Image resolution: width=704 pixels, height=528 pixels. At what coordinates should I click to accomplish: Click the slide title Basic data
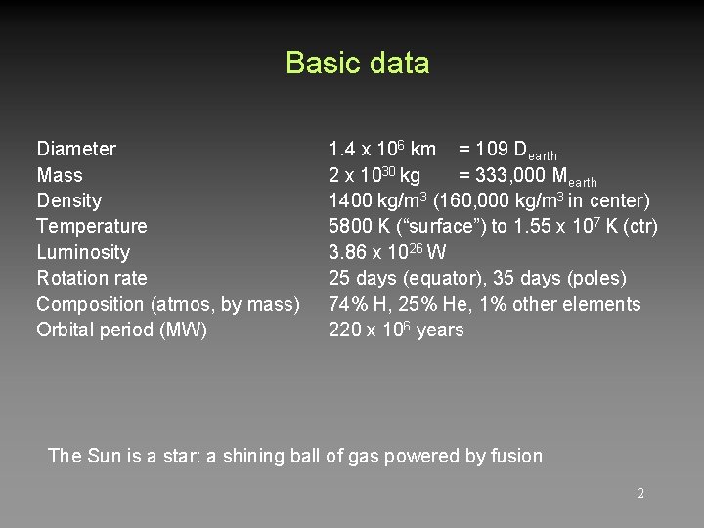tap(357, 64)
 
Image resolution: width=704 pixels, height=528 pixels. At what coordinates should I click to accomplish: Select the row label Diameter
tap(76, 150)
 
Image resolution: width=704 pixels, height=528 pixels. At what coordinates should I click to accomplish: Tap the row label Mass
tap(60, 176)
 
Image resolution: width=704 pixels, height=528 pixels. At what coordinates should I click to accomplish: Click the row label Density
tap(68, 201)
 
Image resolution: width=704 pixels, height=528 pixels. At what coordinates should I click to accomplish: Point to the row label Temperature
tap(92, 227)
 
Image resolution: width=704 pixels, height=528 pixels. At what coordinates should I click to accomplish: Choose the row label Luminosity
tap(83, 252)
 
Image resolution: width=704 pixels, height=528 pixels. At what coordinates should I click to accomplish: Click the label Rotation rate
tap(92, 279)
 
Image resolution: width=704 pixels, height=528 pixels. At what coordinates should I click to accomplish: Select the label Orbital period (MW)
tap(122, 330)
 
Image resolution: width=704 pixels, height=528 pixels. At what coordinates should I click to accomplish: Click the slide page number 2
tap(640, 494)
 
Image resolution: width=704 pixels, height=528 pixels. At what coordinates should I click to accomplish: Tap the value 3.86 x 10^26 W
tap(387, 252)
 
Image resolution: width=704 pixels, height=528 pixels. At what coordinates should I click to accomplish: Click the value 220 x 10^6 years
tap(396, 330)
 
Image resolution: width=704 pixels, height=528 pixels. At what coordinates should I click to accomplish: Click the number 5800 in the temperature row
tap(349, 227)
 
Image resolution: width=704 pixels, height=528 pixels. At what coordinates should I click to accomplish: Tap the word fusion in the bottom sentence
tap(516, 456)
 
